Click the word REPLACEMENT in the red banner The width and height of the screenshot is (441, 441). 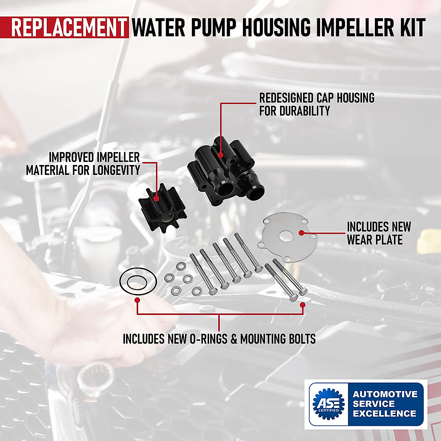pyautogui.click(x=68, y=28)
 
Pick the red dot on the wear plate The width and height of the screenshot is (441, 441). pyautogui.click(x=301, y=233)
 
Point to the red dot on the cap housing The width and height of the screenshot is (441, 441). pyautogui.click(x=220, y=155)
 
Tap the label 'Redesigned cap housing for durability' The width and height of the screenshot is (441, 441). pyautogui.click(x=316, y=104)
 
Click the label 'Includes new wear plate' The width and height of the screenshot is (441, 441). pyautogui.click(x=379, y=233)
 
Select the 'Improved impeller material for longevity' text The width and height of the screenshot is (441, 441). pyautogui.click(x=83, y=164)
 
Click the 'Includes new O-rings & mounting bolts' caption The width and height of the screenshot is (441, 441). pyautogui.click(x=219, y=338)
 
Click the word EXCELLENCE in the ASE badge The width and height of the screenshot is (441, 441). pyautogui.click(x=384, y=413)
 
